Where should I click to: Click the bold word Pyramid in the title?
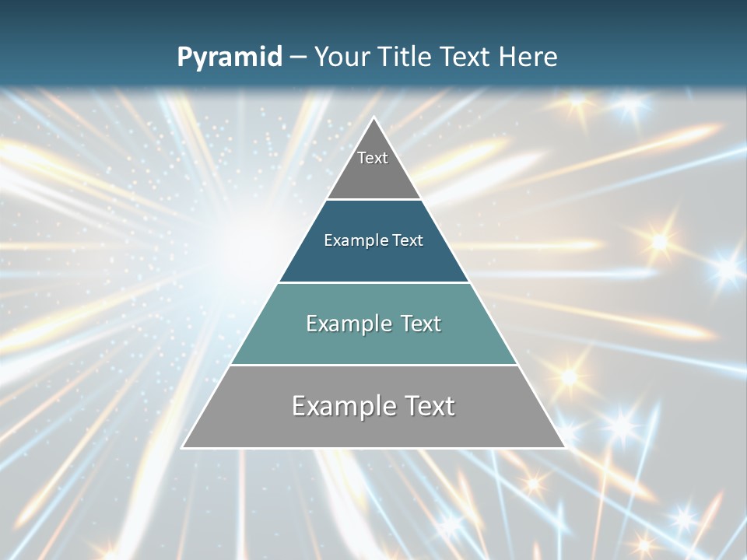click(230, 58)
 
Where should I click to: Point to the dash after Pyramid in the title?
click(298, 58)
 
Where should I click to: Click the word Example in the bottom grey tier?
click(341, 406)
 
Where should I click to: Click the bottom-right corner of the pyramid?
click(564, 447)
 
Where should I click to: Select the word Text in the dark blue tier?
click(408, 240)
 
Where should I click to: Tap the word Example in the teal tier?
click(346, 324)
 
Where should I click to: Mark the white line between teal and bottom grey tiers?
click(373, 365)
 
